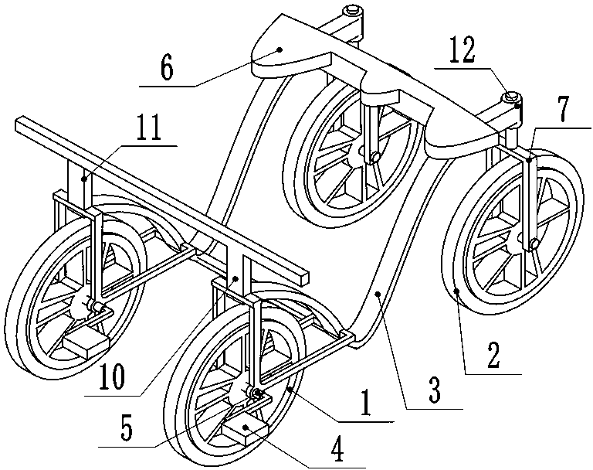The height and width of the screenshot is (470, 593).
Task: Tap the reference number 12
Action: click(x=463, y=50)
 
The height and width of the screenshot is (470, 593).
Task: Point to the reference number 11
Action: click(x=149, y=130)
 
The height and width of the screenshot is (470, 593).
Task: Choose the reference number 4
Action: click(x=337, y=451)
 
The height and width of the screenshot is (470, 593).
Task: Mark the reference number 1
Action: click(x=365, y=405)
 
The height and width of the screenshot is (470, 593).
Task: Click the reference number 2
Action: click(x=494, y=356)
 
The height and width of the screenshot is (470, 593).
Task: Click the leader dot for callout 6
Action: click(x=280, y=49)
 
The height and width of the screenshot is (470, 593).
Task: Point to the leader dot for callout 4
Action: click(x=246, y=427)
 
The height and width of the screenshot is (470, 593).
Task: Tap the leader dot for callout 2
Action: click(x=457, y=291)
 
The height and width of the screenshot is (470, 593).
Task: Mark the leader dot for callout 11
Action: click(x=84, y=177)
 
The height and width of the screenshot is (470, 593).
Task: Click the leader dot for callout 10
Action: click(x=236, y=278)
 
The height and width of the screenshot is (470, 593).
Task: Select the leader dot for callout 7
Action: click(x=530, y=161)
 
